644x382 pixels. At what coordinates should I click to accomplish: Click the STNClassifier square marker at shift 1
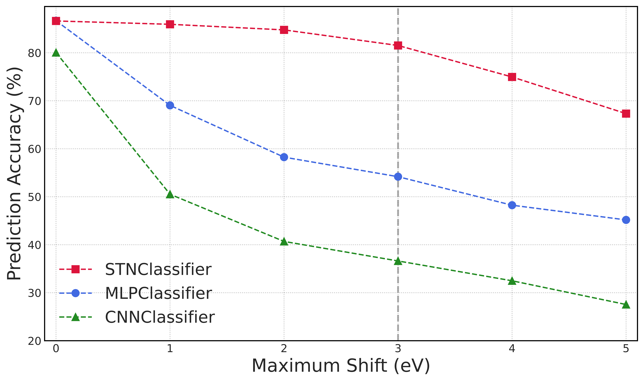[x=170, y=24]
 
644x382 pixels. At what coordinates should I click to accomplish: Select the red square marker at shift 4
[x=512, y=77]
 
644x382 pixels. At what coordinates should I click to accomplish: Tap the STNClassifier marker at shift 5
[x=626, y=114]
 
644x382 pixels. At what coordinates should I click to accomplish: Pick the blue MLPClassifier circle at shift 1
[x=170, y=105]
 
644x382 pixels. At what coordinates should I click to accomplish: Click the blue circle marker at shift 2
[x=284, y=157]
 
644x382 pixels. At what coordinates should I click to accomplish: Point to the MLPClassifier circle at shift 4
[x=512, y=205]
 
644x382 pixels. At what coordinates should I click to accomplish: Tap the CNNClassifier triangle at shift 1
[x=170, y=194]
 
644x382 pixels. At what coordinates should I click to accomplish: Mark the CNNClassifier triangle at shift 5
[x=626, y=305]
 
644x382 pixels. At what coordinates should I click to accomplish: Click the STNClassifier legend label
[x=158, y=270]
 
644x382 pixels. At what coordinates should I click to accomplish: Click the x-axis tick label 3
[x=398, y=349]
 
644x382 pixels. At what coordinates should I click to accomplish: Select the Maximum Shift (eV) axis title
[x=341, y=366]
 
